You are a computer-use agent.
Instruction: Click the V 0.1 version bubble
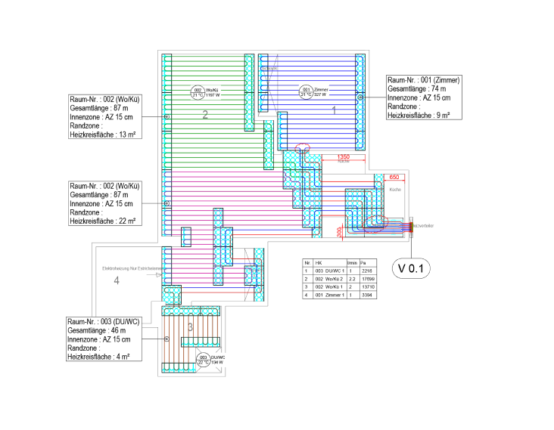click(x=411, y=268)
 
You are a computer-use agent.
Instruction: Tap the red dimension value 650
click(x=394, y=176)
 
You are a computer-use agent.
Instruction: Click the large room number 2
click(x=204, y=115)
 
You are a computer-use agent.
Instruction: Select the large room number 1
click(x=335, y=110)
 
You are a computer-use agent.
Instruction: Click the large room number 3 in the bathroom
click(x=190, y=326)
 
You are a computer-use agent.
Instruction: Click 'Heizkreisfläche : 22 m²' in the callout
click(x=102, y=221)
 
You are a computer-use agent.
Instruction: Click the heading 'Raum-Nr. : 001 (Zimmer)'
click(x=424, y=79)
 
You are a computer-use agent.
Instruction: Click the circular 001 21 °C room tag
click(x=307, y=91)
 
